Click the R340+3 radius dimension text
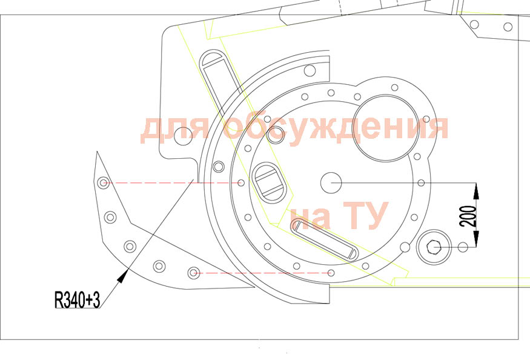pyautogui.click(x=77, y=299)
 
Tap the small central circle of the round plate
pyautogui.click(x=331, y=182)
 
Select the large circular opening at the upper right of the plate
pyautogui.click(x=384, y=128)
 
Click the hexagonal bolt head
pyautogui.click(x=432, y=247)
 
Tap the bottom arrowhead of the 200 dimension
pyautogui.click(x=476, y=239)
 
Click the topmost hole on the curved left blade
pyautogui.click(x=103, y=182)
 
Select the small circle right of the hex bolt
pyautogui.click(x=463, y=247)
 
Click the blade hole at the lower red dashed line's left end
pyautogui.click(x=193, y=273)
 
